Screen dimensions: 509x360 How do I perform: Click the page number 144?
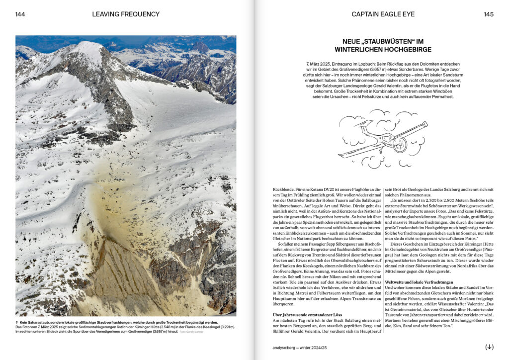(x=20, y=14)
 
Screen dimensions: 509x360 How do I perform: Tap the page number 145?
(x=489, y=14)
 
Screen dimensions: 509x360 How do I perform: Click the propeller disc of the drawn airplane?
(x=400, y=144)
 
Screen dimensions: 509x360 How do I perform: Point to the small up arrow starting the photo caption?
(x=17, y=322)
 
